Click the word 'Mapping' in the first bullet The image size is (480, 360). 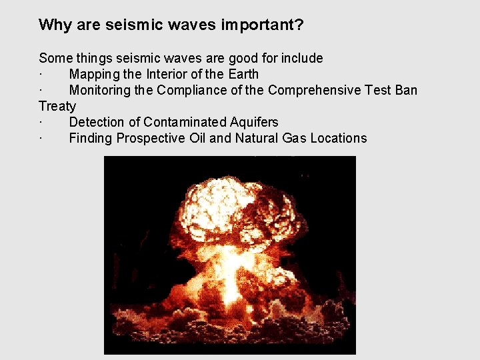point(94,75)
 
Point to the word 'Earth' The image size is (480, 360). point(243,74)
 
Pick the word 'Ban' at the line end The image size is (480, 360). point(405,90)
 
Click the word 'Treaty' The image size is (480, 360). point(57,107)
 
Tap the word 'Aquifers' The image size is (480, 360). point(254,122)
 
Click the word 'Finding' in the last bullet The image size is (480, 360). point(91,139)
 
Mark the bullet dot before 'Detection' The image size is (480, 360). point(41,123)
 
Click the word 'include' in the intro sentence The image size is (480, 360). point(301,58)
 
